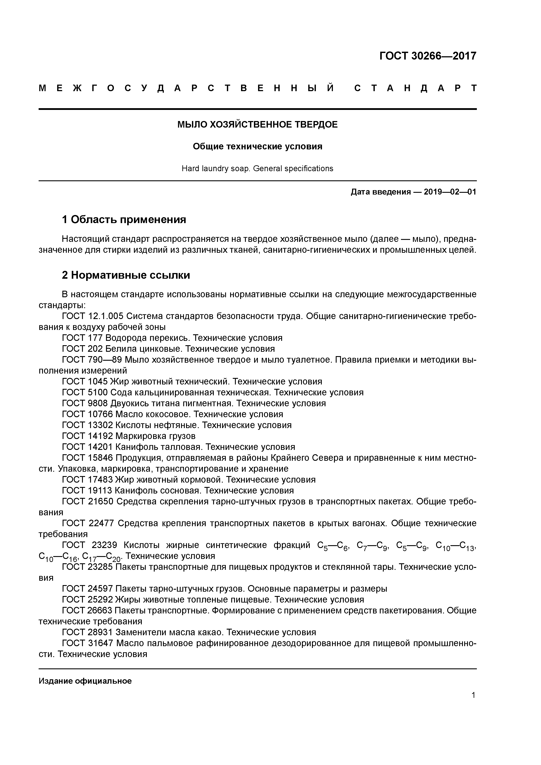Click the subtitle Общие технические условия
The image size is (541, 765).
pos(257,147)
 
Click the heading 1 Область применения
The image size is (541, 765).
pos(124,220)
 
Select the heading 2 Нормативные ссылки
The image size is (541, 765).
pos(126,275)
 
